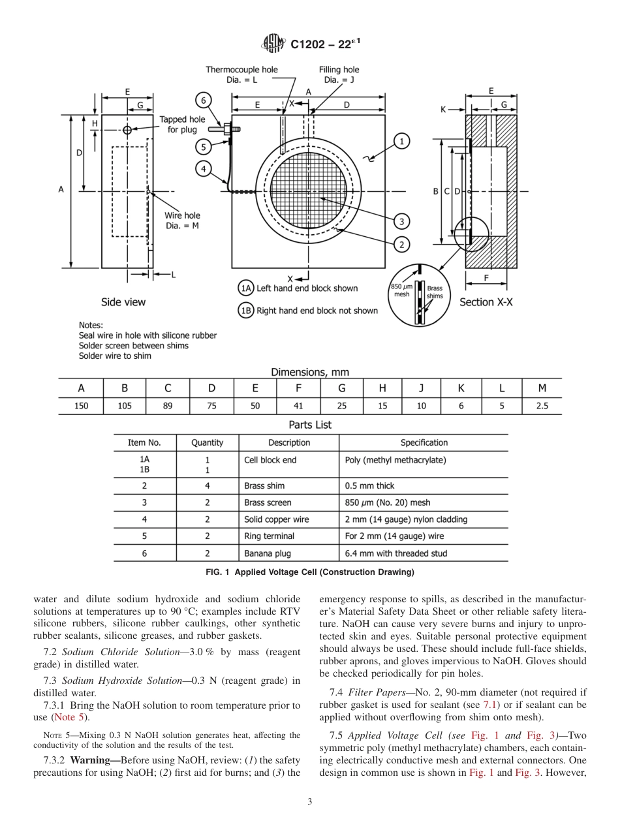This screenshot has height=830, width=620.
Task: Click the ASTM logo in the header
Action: tap(273, 44)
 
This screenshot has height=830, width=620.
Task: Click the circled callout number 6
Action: tap(204, 100)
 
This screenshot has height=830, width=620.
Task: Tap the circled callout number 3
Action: tap(401, 221)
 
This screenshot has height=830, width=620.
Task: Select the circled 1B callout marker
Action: tap(245, 311)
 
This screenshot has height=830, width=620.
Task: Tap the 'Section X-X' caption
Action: tap(486, 302)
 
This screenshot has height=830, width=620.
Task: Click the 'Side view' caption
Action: tap(123, 302)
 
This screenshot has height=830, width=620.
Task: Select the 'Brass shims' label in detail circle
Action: tap(434, 292)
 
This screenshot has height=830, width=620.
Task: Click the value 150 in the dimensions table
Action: tap(81, 405)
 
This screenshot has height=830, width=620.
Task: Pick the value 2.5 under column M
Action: tap(542, 405)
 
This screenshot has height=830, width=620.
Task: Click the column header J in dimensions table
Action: tap(422, 388)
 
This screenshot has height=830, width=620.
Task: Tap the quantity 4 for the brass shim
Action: tap(208, 485)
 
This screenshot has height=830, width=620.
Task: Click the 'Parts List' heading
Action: tap(310, 425)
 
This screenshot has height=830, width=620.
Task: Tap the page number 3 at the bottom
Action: tap(310, 802)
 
